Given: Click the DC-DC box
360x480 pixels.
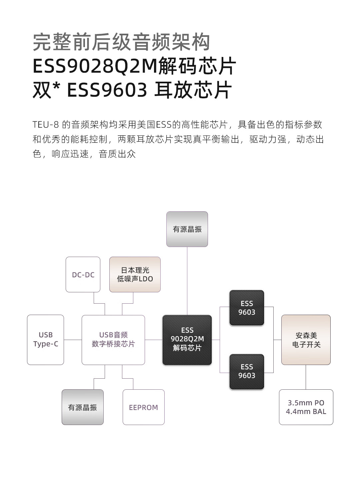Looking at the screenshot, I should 83,275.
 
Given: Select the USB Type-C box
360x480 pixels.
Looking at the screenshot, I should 45,340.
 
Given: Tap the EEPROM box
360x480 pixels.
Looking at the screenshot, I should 143,407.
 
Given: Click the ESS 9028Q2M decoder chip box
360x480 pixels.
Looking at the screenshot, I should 187,340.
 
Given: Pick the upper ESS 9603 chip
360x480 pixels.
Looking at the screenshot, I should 247,308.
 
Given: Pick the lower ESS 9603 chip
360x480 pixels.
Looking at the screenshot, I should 247,371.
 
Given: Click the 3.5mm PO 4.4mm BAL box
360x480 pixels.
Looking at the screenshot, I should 306,407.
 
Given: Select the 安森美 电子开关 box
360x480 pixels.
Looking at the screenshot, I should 306,340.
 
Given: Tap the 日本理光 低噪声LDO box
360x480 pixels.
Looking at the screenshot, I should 135,275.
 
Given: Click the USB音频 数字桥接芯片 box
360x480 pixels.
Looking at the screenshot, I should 113,340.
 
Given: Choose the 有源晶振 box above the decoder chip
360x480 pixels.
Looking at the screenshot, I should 187,229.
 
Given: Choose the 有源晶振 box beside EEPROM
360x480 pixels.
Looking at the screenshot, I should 83,407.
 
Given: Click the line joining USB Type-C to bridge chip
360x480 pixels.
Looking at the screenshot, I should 73,340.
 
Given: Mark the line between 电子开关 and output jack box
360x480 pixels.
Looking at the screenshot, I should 306,377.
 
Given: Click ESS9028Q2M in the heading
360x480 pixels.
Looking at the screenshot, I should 95,66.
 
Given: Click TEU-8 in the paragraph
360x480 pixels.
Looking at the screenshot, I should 46,125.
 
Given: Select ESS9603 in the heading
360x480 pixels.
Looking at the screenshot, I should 107,90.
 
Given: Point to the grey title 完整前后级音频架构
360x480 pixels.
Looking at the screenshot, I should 121,42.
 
